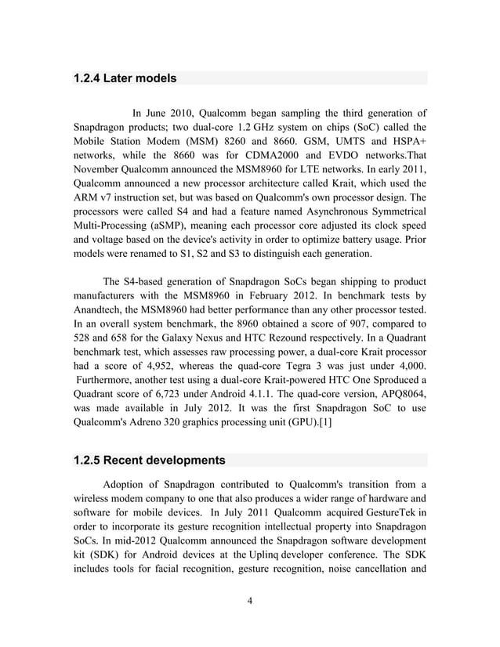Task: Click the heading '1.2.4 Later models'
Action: coord(125,78)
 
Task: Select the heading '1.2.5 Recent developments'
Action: coord(149,459)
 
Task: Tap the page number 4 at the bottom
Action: coord(249,600)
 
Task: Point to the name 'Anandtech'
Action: coord(101,316)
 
